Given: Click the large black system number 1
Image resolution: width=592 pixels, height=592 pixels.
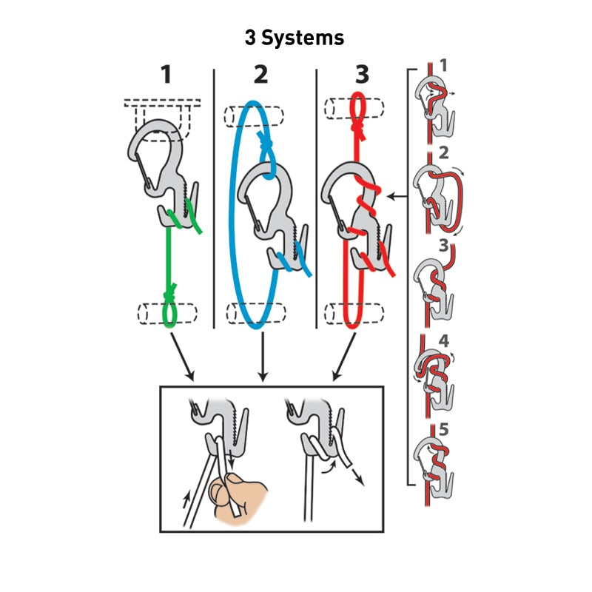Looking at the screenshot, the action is point(166,75).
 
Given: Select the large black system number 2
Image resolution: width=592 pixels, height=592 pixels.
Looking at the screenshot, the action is point(261,75).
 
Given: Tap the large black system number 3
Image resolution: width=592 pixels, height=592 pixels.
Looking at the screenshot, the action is point(362,75).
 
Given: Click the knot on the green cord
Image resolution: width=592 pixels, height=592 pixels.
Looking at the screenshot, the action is point(169,292).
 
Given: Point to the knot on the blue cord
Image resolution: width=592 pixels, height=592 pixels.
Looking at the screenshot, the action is point(266,142).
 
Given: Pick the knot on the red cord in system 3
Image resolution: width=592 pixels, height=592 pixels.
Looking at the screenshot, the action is point(358,131).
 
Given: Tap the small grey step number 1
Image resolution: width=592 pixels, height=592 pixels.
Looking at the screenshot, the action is point(443,65).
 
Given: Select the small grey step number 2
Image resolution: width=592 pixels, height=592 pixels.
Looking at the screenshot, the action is point(443,152).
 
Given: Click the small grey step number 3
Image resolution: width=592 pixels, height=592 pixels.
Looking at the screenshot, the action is point(443,246).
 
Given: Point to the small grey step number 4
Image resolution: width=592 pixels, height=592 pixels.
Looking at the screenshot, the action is point(444,341).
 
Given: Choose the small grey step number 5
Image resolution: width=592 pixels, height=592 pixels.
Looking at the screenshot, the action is point(444,429).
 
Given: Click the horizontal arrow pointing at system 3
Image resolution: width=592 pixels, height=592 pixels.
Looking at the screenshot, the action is point(397,197).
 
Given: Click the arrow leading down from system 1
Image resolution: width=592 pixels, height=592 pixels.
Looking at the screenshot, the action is point(182,357).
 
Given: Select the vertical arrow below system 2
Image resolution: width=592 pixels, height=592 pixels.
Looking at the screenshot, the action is point(263,357).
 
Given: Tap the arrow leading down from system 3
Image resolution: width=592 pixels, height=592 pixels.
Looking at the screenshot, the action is point(344,357).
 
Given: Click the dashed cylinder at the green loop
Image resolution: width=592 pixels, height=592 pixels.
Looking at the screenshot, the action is point(167,313).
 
